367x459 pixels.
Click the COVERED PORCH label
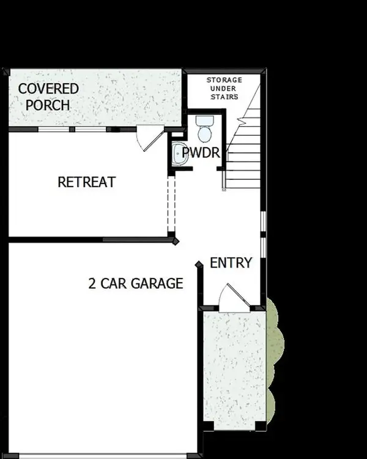[x=48, y=97]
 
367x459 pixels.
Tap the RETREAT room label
[x=86, y=182]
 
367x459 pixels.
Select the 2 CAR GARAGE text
[x=135, y=283]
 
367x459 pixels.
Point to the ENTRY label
[x=231, y=263]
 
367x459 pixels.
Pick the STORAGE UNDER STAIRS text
[x=223, y=88]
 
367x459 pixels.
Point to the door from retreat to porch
[x=147, y=138]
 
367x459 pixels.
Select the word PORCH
[x=51, y=105]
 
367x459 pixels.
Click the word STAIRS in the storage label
[x=223, y=97]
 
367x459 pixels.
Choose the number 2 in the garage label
[x=92, y=283]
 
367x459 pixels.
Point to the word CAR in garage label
[x=114, y=283]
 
